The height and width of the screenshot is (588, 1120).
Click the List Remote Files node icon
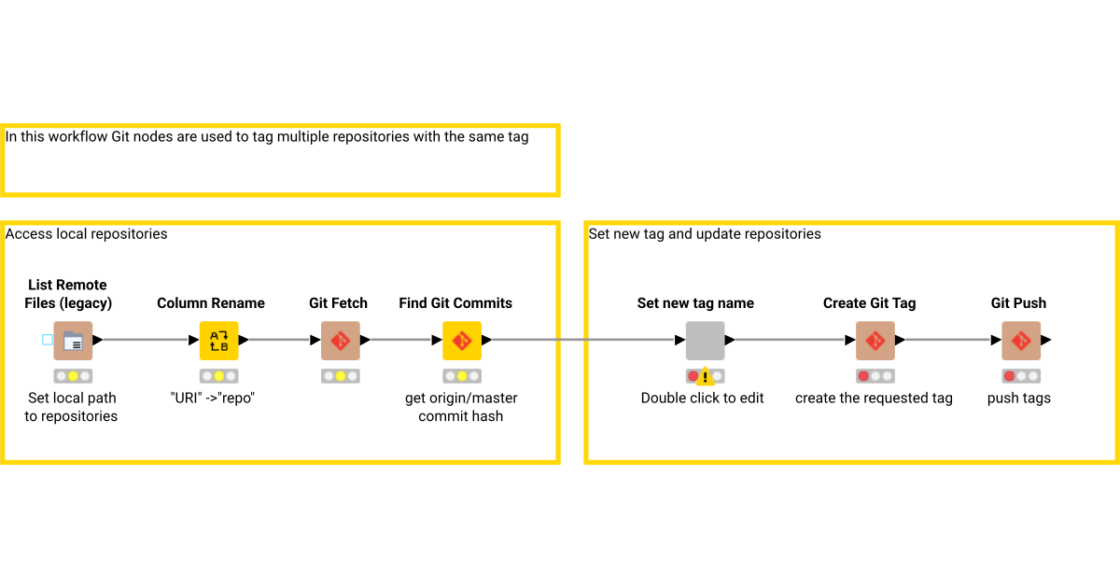point(73,341)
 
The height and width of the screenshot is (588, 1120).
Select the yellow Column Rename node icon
point(218,341)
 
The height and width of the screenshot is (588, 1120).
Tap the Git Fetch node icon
point(340,341)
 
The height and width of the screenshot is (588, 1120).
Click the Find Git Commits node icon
point(461,341)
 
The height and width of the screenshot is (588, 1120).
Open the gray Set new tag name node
point(705,341)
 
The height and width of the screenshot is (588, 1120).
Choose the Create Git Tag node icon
point(875,341)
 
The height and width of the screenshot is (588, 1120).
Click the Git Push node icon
point(1021,341)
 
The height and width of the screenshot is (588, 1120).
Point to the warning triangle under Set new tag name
point(707,377)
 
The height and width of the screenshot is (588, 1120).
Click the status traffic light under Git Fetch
point(340,376)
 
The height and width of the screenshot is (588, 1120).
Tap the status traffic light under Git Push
point(1021,376)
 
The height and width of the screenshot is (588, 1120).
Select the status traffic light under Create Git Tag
point(875,376)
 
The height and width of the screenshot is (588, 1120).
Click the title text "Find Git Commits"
point(455,303)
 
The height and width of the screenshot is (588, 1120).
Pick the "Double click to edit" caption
point(702,399)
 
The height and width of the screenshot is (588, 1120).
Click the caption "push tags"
point(1019,399)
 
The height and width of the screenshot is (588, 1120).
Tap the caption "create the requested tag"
point(874,399)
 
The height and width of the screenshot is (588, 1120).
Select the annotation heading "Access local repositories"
point(87,234)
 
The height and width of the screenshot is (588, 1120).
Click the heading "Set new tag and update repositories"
point(705,234)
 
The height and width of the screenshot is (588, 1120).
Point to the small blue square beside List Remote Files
point(48,340)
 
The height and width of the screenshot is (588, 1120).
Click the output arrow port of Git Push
point(1047,341)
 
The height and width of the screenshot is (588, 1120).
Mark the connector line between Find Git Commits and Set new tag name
point(583,341)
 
